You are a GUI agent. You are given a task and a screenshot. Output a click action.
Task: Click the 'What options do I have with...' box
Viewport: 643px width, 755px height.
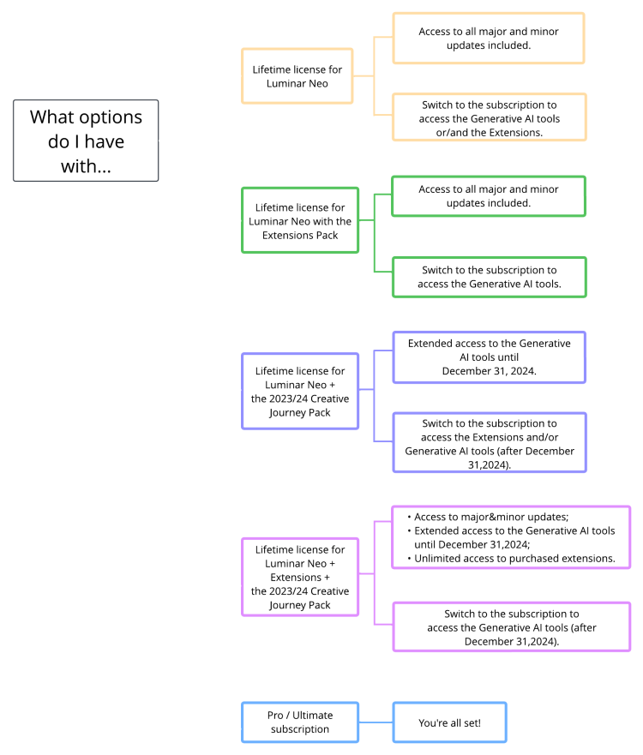pyautogui.click(x=86, y=141)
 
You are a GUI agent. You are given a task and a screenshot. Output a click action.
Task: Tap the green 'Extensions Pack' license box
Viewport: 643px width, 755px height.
pyautogui.click(x=301, y=220)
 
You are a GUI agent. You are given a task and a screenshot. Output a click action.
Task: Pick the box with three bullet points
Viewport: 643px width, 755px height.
pyautogui.click(x=511, y=537)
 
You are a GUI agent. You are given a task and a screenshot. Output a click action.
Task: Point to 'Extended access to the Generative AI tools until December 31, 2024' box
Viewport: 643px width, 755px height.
pyautogui.click(x=489, y=357)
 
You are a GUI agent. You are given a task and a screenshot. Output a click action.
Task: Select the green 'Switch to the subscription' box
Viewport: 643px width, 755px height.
pyautogui.click(x=489, y=277)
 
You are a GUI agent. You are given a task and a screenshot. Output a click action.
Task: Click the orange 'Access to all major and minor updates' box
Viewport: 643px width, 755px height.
pyautogui.click(x=487, y=38)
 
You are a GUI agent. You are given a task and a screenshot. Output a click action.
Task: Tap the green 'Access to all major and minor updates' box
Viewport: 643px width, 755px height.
pyautogui.click(x=489, y=195)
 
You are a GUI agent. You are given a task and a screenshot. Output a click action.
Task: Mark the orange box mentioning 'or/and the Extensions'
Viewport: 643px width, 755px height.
pyautogui.click(x=489, y=117)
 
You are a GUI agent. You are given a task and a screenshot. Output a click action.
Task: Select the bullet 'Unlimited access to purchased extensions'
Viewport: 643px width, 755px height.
pyautogui.click(x=514, y=558)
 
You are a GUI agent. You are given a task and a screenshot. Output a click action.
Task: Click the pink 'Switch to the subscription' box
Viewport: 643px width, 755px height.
pyautogui.click(x=511, y=627)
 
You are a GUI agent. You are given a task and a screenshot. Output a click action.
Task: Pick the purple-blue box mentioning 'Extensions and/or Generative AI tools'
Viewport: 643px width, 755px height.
pyautogui.click(x=490, y=443)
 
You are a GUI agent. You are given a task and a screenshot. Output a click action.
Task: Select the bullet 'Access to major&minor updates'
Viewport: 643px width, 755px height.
pyautogui.click(x=491, y=517)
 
